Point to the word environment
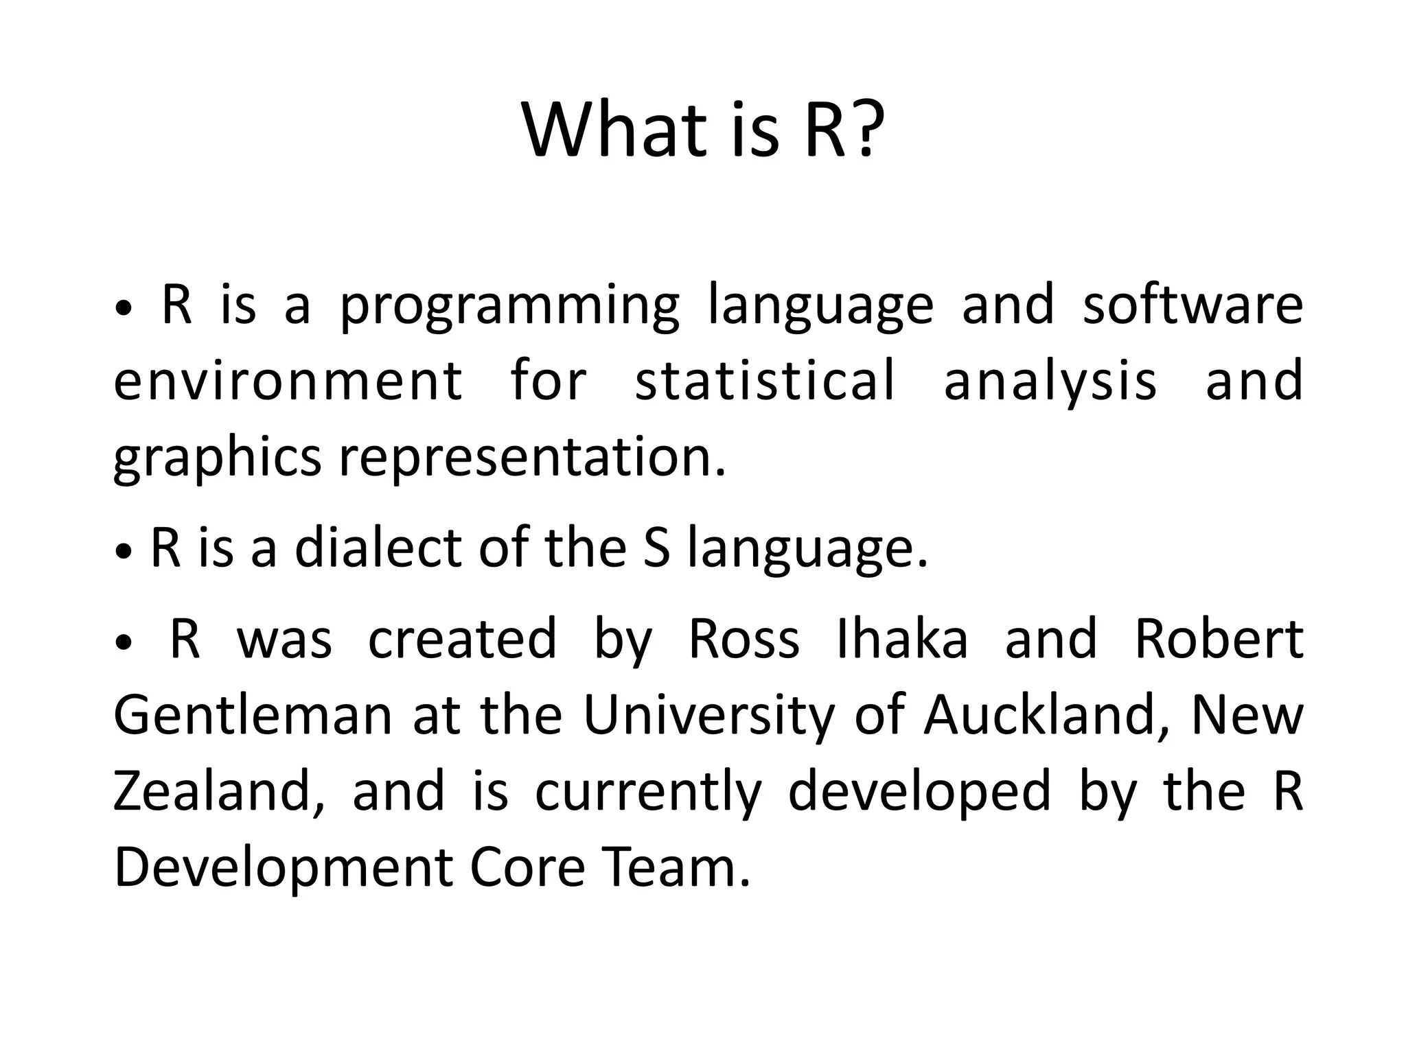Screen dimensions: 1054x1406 pos(288,381)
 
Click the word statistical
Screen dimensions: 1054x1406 pos(765,381)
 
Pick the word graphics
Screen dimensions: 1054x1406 pos(217,458)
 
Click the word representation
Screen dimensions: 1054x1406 pos(532,458)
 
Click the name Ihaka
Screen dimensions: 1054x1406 pos(902,639)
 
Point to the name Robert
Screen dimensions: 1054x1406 pos(1219,639)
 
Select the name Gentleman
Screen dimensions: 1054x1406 pos(253,715)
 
